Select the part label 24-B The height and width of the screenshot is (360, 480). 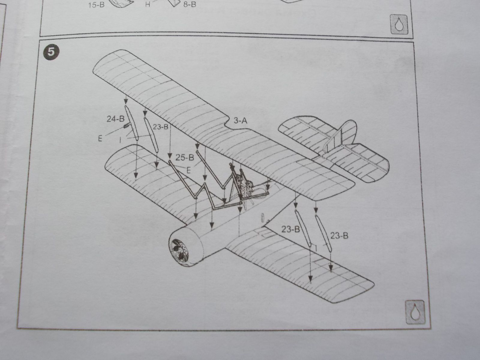(x=115, y=119)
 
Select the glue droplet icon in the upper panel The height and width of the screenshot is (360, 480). (x=399, y=24)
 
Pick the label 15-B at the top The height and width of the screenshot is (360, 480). (x=96, y=5)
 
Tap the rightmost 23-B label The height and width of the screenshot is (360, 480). (x=339, y=236)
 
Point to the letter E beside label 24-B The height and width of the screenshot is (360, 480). (x=100, y=138)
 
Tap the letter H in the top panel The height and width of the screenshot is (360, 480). (x=147, y=4)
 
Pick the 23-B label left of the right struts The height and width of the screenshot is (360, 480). (x=291, y=229)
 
